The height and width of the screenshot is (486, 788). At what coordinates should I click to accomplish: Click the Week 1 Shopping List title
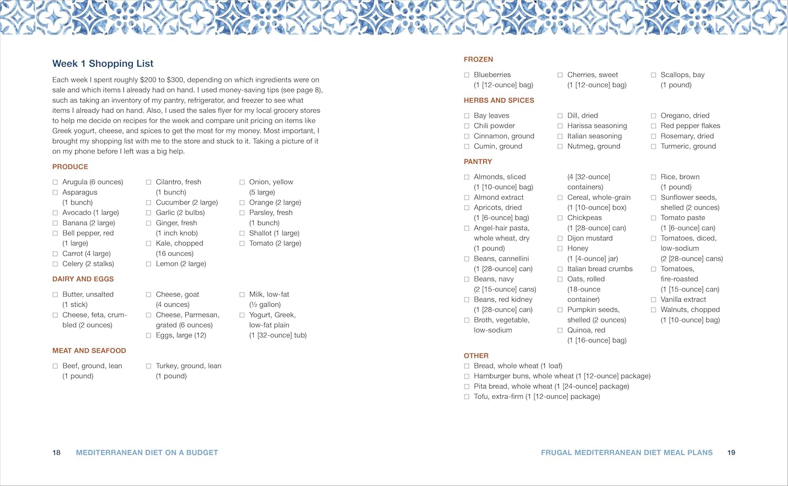tap(102, 64)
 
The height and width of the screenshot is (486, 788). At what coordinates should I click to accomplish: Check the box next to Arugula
tap(55, 182)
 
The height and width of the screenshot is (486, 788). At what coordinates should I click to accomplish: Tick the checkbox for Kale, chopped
tap(149, 243)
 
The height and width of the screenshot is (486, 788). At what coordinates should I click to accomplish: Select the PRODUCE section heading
tap(70, 167)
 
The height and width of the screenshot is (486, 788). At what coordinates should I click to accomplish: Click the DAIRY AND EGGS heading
tap(83, 279)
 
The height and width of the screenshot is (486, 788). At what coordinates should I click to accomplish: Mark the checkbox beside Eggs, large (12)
tap(149, 335)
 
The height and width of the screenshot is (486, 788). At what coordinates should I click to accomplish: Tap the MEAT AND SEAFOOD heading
tap(89, 350)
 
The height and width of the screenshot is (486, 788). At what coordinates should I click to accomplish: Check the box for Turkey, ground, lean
tap(149, 366)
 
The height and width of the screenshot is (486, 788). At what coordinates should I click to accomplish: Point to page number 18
tap(56, 452)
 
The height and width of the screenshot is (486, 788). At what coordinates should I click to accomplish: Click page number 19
tap(731, 452)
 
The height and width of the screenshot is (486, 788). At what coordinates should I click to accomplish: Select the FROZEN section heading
tap(478, 59)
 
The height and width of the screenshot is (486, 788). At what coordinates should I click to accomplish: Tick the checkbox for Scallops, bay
tap(654, 75)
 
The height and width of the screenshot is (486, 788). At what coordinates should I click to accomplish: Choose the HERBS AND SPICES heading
tap(499, 100)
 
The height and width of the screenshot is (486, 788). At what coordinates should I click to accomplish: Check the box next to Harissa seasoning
tap(560, 126)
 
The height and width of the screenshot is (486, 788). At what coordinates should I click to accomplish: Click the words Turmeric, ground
tap(688, 146)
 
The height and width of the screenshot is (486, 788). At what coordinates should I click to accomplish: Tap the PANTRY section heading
tap(478, 162)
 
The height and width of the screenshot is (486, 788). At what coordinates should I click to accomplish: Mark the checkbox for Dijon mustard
tap(560, 239)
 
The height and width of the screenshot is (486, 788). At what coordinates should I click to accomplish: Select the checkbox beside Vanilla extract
tap(654, 299)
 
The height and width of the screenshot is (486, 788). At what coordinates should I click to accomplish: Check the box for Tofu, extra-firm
tap(466, 397)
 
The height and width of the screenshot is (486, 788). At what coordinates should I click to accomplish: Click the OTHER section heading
tap(476, 356)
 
